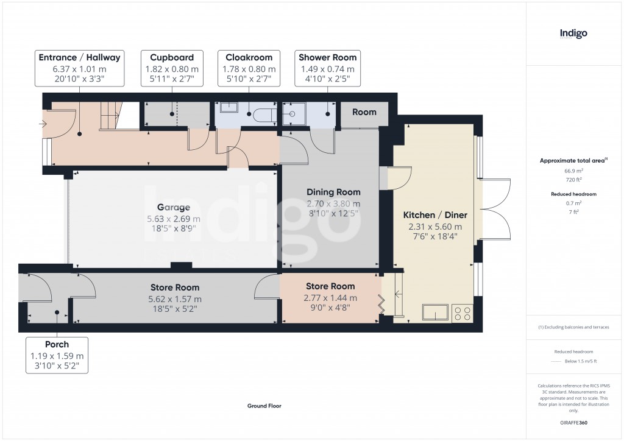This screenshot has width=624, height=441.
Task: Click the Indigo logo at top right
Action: click(573, 34)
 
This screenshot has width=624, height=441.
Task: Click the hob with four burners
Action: click(463, 313)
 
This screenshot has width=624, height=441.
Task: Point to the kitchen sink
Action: click(436, 312)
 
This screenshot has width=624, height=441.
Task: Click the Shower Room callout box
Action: click(327, 68)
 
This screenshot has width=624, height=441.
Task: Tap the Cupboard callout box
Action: click(172, 68)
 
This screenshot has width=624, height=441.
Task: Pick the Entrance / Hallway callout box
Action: click(80, 68)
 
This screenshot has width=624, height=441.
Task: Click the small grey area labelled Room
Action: click(364, 112)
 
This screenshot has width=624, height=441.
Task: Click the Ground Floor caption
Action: click(264, 406)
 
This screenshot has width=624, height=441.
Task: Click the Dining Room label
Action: click(333, 192)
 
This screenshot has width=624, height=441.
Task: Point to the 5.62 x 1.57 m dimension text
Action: click(174, 299)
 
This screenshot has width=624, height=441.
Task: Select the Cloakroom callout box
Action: click(249, 68)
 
